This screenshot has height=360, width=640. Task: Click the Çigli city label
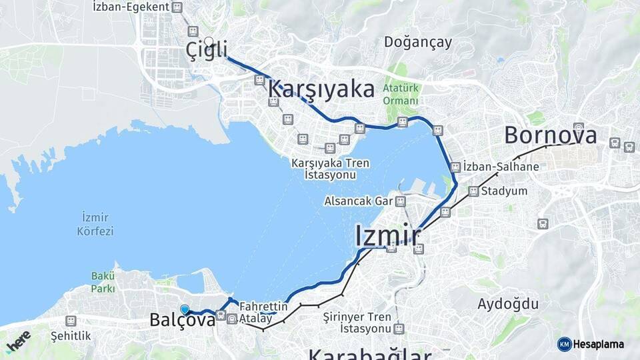point(207,50)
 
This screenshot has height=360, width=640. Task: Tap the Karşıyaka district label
point(321,89)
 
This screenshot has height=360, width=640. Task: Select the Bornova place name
point(550,135)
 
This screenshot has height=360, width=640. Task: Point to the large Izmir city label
point(388,235)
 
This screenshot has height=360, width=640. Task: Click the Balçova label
point(182,320)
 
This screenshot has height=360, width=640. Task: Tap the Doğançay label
point(418,42)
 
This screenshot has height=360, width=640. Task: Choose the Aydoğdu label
point(507,304)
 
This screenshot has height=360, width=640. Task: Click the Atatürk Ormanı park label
point(401,94)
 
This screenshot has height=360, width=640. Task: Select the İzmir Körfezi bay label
point(97,224)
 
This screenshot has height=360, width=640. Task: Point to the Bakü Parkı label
point(103,282)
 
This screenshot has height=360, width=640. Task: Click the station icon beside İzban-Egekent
point(177,7)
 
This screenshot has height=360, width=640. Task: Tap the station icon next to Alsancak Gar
point(400,201)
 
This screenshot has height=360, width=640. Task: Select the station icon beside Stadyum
point(473,191)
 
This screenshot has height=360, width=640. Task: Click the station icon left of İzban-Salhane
point(455,167)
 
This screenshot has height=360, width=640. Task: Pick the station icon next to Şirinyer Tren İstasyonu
point(399,329)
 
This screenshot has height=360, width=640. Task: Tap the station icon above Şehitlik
point(71,321)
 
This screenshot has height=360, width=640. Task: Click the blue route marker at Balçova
point(185,309)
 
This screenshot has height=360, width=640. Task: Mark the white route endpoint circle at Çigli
point(209,41)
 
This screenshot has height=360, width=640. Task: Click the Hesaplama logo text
point(597,344)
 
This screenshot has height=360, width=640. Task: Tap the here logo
point(18,341)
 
